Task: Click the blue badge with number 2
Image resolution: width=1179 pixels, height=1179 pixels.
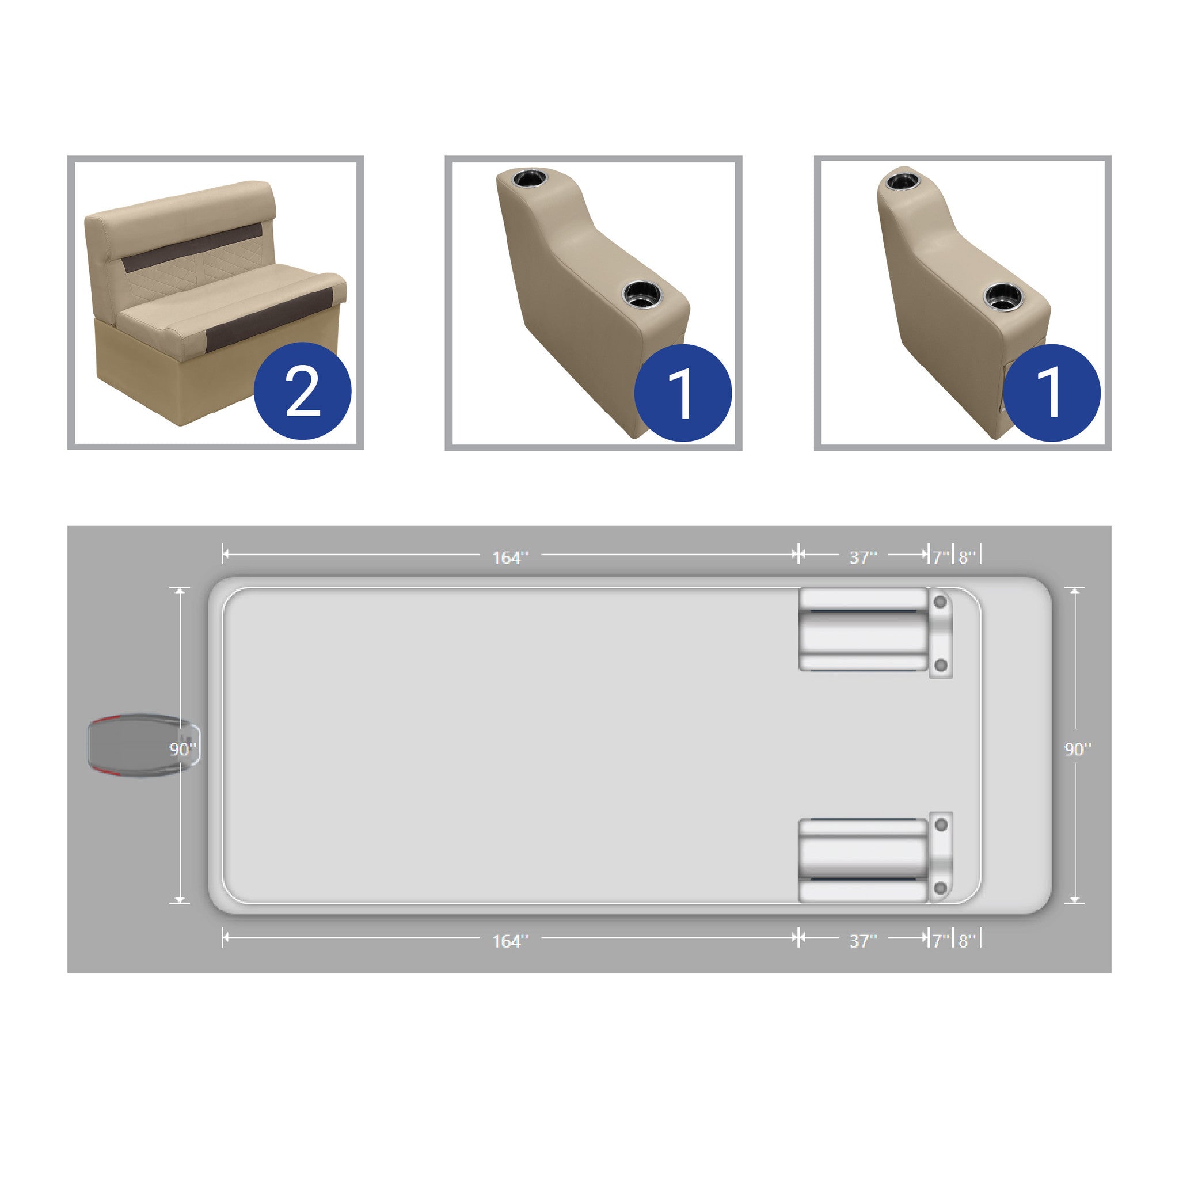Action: tap(302, 391)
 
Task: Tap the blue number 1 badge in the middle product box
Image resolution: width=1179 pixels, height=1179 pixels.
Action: tap(683, 393)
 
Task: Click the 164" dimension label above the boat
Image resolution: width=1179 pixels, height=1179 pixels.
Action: tap(510, 557)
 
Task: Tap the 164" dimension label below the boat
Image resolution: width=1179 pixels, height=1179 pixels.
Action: tap(510, 941)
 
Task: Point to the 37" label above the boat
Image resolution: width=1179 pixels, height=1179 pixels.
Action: tap(863, 557)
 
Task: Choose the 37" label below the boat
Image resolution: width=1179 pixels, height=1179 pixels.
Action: tap(863, 941)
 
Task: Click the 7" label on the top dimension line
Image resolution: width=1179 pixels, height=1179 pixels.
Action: tap(941, 557)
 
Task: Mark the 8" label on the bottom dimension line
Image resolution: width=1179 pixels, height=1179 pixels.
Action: tap(967, 941)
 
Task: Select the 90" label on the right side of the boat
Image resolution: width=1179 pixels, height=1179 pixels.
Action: tap(1078, 749)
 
